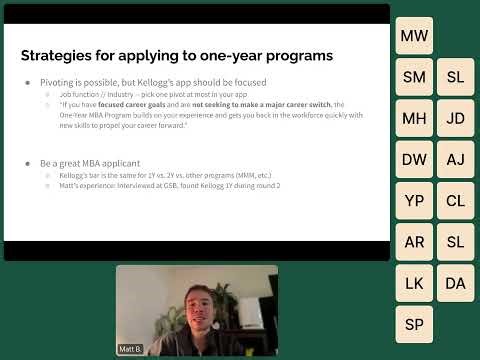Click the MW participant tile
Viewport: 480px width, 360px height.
pyautogui.click(x=414, y=36)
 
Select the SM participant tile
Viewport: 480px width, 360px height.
pyautogui.click(x=414, y=77)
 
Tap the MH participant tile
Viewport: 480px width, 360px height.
pyautogui.click(x=414, y=118)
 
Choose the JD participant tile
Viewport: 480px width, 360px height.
pyautogui.click(x=455, y=118)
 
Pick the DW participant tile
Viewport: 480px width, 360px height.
pyautogui.click(x=414, y=159)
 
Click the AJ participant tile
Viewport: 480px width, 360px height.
pyautogui.click(x=455, y=159)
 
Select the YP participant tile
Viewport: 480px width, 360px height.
pyautogui.click(x=414, y=200)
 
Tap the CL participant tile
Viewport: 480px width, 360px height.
pyautogui.click(x=455, y=200)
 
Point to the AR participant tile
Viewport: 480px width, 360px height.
pyautogui.click(x=414, y=241)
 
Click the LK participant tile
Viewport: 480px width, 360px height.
pyautogui.click(x=414, y=283)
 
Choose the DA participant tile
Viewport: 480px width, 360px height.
pyautogui.click(x=455, y=283)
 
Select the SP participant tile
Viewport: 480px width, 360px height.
pyautogui.click(x=414, y=324)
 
